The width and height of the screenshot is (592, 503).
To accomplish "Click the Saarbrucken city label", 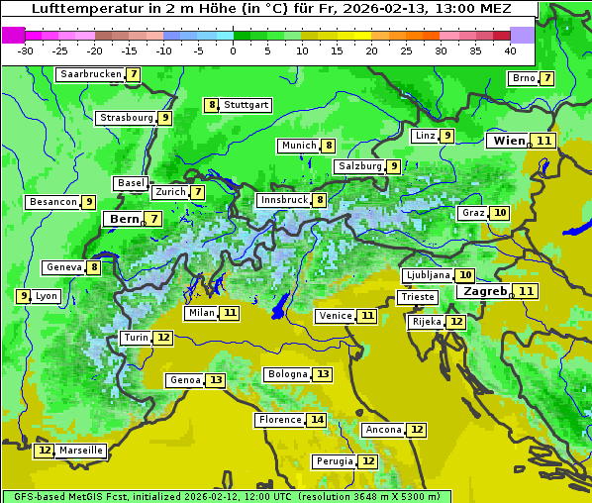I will click(90, 74).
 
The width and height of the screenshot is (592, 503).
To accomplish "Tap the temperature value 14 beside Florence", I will click(317, 420).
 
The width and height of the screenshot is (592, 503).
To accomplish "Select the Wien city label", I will click(509, 141).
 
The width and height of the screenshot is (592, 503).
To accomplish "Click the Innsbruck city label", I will click(283, 200).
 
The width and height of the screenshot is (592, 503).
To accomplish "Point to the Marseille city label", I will click(81, 451).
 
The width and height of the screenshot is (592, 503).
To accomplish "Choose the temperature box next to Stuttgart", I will click(211, 105).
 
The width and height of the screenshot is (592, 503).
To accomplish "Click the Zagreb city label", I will click(485, 291).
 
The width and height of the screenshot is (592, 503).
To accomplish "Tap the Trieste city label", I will click(417, 297).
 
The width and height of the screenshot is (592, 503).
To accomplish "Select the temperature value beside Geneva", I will click(94, 267).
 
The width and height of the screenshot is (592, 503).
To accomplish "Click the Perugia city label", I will click(334, 461).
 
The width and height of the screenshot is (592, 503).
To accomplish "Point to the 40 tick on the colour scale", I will click(510, 50).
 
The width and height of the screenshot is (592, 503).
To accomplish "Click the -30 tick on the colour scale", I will click(26, 50).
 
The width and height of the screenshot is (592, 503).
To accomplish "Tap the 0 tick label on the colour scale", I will click(234, 50).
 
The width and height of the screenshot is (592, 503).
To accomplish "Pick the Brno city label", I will click(523, 78).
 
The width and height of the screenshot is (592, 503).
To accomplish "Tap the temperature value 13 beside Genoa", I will click(216, 380).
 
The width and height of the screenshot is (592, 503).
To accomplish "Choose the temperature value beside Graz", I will click(500, 213).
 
